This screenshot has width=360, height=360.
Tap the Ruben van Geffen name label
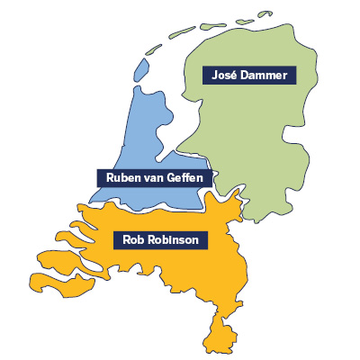click(x=155, y=177)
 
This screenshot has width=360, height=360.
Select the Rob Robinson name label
click(x=158, y=239)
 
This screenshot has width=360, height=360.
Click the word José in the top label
click(x=222, y=75)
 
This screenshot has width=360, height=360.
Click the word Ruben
click(x=122, y=177)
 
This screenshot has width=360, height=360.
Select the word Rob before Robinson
click(x=126, y=239)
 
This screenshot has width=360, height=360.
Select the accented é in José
click(x=233, y=75)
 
